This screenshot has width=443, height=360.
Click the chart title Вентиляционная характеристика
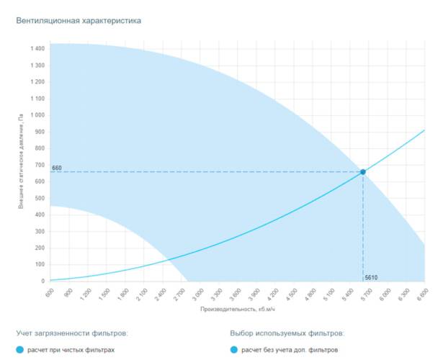coord(79,21)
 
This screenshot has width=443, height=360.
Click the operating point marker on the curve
coord(363,172)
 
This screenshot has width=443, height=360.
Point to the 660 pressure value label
coord(57,168)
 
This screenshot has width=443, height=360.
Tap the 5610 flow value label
coord(372,277)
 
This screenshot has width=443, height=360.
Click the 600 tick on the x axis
coord(49,292)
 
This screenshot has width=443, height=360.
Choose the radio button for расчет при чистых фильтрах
coord(20,350)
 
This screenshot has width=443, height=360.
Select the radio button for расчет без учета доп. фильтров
coord(233,350)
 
